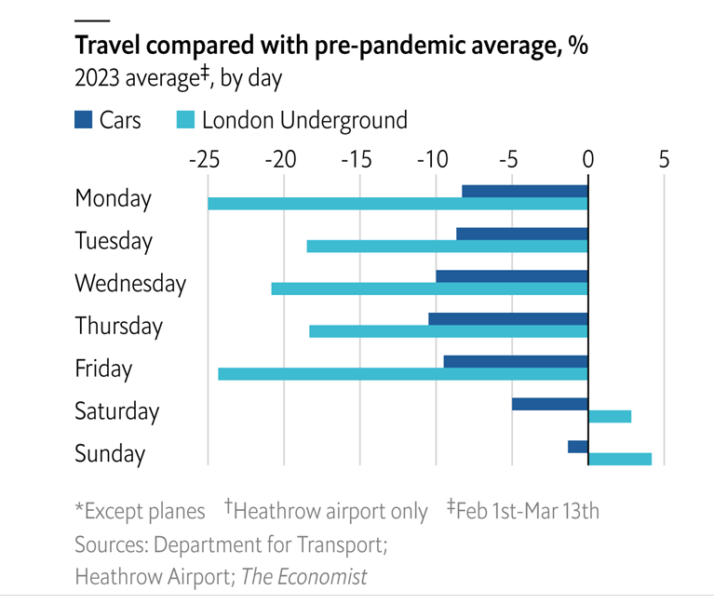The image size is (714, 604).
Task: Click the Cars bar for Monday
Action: coord(525,191)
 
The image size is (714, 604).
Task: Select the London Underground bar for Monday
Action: coord(397,204)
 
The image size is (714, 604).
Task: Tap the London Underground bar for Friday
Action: coord(403,374)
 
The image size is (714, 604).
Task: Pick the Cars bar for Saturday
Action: coord(549,404)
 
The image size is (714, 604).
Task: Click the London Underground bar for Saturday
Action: coord(610,416)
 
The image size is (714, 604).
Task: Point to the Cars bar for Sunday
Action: coord(577,447)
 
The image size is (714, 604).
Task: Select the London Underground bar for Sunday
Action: coord(620,459)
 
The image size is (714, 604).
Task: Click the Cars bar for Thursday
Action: coord(508,319)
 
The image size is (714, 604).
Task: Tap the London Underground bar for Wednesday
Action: coord(429,289)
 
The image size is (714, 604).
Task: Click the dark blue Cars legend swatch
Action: coord(83,120)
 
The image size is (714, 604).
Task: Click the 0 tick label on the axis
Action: coord(588,160)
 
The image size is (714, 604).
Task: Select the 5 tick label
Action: coord(664,160)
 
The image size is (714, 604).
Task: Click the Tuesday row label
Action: coord(113,241)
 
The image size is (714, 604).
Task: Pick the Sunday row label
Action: coord(110,454)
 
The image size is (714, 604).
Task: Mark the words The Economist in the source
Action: coord(304,577)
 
